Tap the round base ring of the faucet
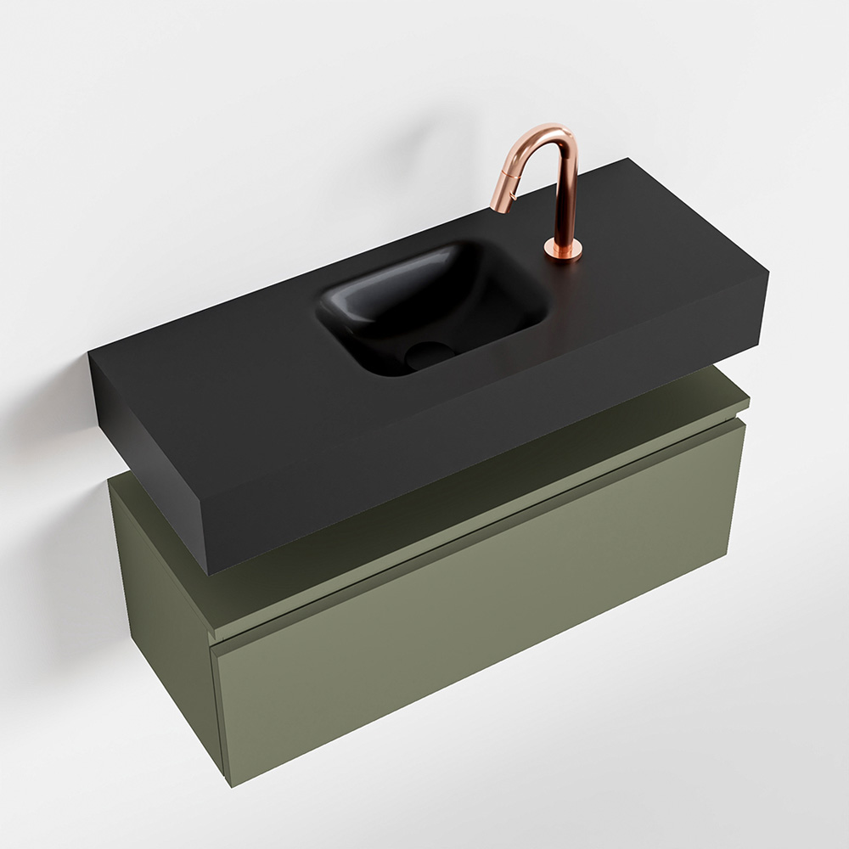[x=563, y=249]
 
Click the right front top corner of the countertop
[x=768, y=273]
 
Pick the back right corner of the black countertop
[x=629, y=159]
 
